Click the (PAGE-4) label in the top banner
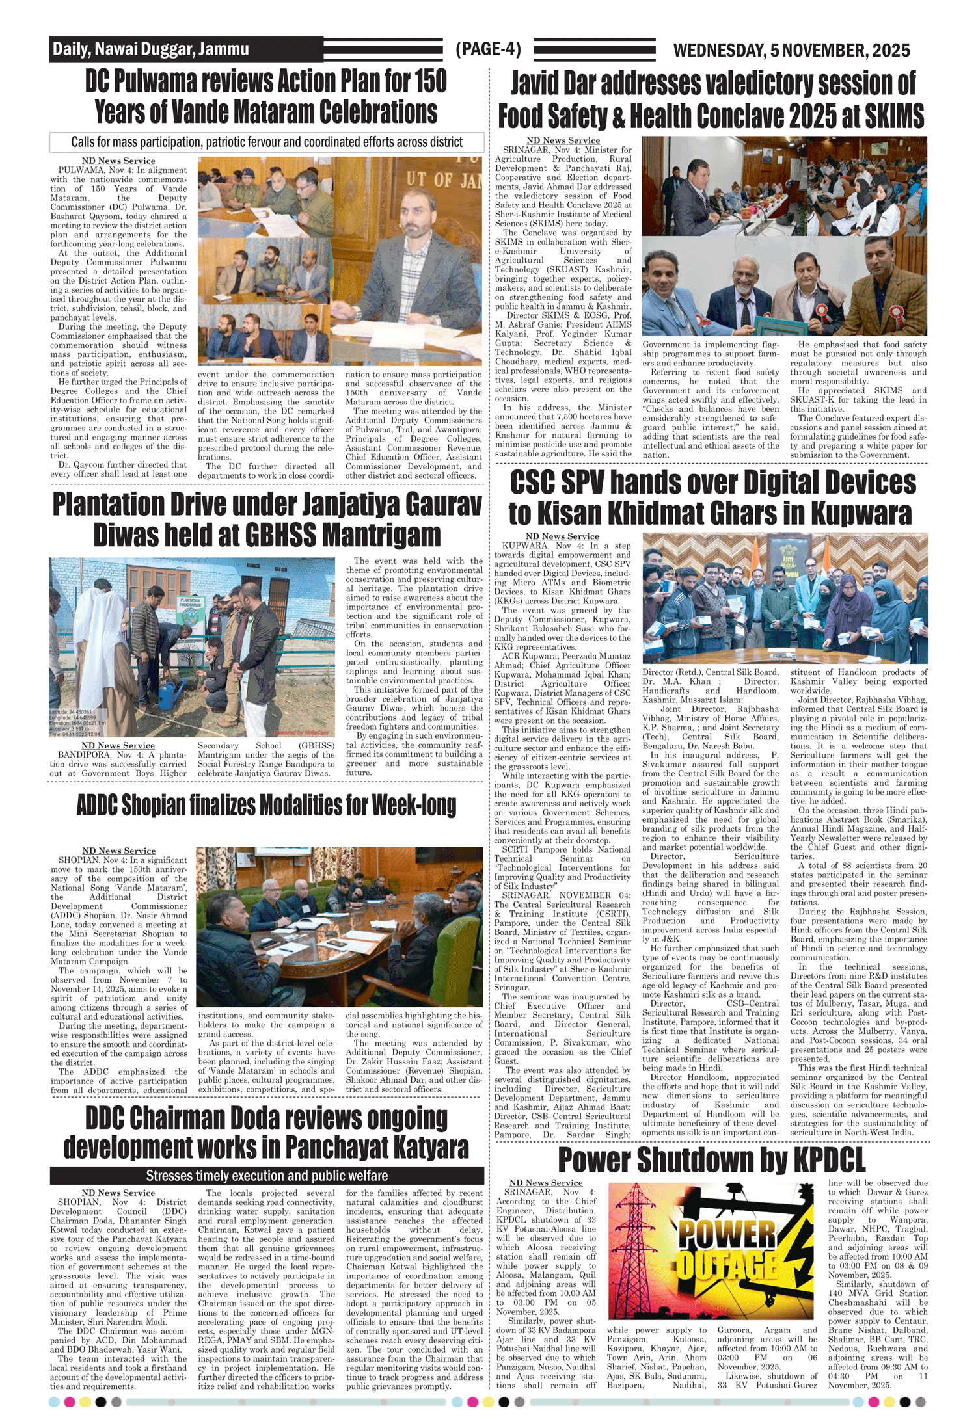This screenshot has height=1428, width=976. click(x=488, y=49)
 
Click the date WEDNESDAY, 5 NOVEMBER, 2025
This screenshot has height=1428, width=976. click(x=791, y=50)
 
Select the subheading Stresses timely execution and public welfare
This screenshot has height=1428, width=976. click(x=267, y=1176)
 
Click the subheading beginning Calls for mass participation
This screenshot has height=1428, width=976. click(x=267, y=142)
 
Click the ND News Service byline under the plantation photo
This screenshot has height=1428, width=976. click(x=118, y=745)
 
